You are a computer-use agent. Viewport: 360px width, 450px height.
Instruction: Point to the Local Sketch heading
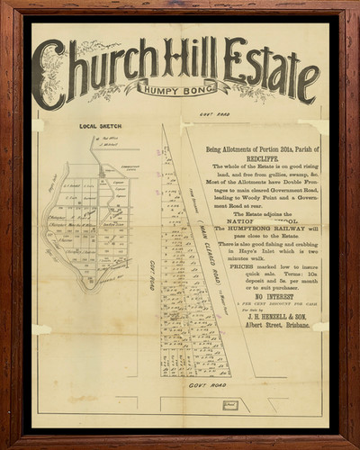click(99, 127)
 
